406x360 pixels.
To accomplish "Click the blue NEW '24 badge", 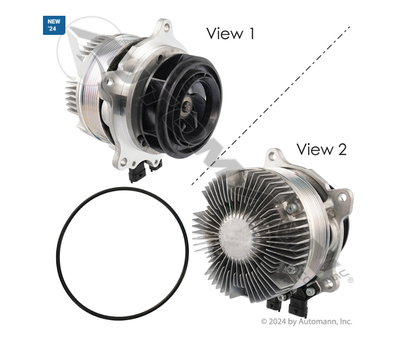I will coord(53,25).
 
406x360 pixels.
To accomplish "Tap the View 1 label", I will coord(230,33).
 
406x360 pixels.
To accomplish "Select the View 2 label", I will coord(321,149).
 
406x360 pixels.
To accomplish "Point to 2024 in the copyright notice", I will coord(278,322).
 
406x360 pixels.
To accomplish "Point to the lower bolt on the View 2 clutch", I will coord(291,270).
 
